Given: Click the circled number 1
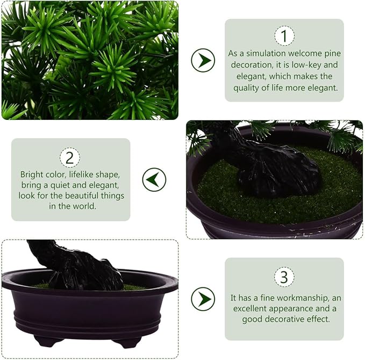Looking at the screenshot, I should [x=284, y=36].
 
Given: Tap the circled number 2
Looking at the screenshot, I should [x=70, y=157].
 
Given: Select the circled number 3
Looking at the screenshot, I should [x=284, y=277].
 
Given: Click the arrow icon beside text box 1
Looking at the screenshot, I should [x=203, y=60].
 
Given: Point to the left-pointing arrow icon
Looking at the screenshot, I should [x=154, y=179].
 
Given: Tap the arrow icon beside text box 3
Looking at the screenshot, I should [x=203, y=298].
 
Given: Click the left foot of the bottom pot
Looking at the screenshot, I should [x=47, y=341].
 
